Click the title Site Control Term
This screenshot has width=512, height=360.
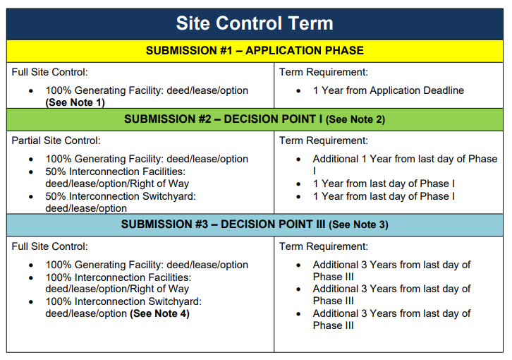coord(255,23)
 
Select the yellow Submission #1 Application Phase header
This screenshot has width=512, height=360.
coord(255,51)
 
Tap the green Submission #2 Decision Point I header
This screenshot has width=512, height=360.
coord(255,119)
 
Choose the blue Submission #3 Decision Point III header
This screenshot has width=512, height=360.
coord(255,224)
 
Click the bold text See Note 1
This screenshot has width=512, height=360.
coord(75,102)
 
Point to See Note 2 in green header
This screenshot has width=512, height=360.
coord(355,120)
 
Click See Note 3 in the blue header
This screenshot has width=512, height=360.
coord(358,225)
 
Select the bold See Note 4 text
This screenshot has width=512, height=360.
coord(159,313)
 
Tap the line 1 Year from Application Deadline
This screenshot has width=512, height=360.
coord(388,91)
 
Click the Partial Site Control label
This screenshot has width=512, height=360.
coord(56,140)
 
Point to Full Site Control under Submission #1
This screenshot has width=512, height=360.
coord(49,72)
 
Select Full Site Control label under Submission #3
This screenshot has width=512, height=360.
coord(49,246)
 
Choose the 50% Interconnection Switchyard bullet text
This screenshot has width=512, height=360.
coord(120,196)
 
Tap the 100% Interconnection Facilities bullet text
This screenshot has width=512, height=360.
coord(118,277)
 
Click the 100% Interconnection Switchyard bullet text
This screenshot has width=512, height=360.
coord(123,301)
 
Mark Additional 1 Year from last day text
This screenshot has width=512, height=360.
coord(405,160)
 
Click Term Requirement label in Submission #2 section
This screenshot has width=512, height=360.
coord(323,140)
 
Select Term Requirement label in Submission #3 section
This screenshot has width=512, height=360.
coord(323,246)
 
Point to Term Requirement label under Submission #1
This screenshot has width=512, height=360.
coord(323,72)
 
